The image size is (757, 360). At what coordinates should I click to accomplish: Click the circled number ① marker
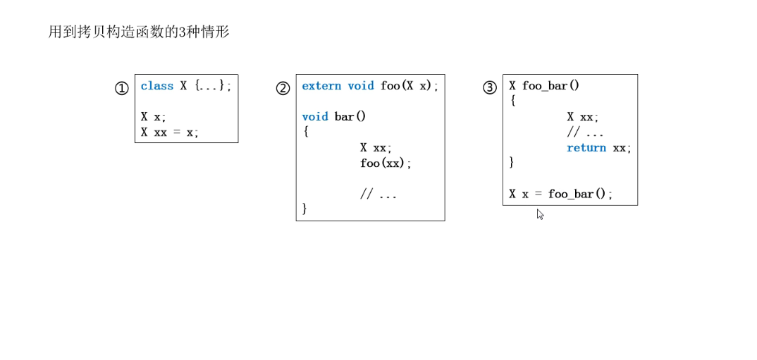pyautogui.click(x=122, y=89)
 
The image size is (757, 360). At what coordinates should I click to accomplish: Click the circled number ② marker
pyautogui.click(x=283, y=89)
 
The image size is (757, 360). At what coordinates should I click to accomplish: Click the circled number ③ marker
pyautogui.click(x=489, y=88)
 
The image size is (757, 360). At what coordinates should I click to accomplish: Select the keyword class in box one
pyautogui.click(x=156, y=86)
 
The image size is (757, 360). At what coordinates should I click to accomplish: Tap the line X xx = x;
pyautogui.click(x=170, y=132)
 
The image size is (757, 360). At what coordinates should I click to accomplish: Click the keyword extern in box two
pyautogui.click(x=321, y=86)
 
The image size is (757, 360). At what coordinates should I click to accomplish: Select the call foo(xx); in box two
pyautogui.click(x=386, y=163)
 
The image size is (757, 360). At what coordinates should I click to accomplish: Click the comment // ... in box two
pyautogui.click(x=378, y=194)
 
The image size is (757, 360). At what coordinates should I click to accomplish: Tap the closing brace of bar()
pyautogui.click(x=305, y=209)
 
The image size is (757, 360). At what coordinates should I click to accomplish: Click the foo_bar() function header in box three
pyautogui.click(x=544, y=86)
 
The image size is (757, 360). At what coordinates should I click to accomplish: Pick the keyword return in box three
pyautogui.click(x=586, y=148)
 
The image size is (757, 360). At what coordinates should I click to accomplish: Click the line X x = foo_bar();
pyautogui.click(x=561, y=194)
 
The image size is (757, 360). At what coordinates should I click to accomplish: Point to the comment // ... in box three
pyautogui.click(x=585, y=132)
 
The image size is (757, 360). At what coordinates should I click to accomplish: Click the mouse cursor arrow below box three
pyautogui.click(x=539, y=213)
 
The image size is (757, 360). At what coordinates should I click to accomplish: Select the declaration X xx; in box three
pyautogui.click(x=583, y=117)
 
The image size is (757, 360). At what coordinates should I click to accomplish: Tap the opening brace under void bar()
pyautogui.click(x=305, y=132)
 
